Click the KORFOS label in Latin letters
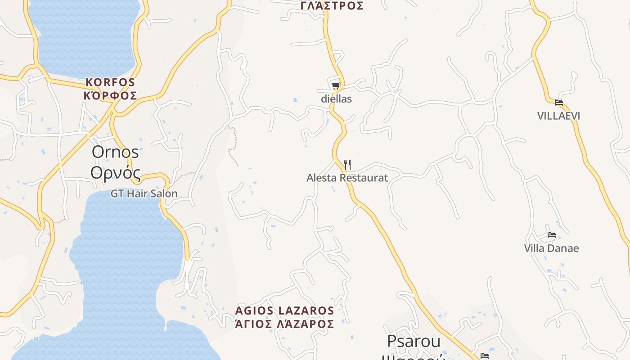110,82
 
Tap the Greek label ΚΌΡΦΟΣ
110,96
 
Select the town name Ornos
115,152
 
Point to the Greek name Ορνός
115,172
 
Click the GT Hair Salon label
144,193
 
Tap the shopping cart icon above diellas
336,85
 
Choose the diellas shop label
336,99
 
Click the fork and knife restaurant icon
347,165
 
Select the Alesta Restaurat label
347,178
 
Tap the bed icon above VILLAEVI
559,103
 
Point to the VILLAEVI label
558,116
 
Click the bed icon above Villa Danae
552,235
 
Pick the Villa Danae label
551,248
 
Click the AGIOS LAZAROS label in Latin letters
284,310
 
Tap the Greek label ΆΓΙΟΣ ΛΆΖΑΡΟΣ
284,324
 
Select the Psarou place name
414,341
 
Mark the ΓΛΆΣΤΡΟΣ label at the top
332,6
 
